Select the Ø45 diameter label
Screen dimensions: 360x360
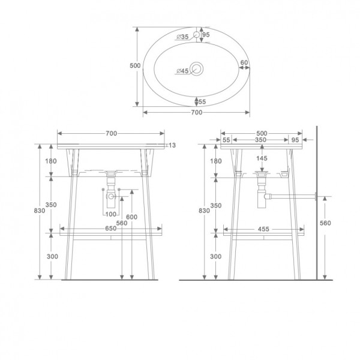[182, 71]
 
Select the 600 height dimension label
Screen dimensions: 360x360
[131, 217]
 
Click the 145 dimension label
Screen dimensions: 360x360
[261, 158]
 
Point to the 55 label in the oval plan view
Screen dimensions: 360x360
[202, 102]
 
